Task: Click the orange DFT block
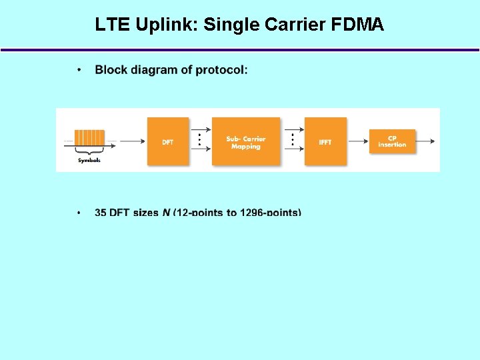click(x=168, y=141)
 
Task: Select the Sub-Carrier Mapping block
click(x=246, y=141)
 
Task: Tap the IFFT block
click(x=325, y=141)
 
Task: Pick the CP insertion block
click(x=392, y=141)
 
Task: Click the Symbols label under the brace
click(x=89, y=161)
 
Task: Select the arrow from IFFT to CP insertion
click(x=358, y=141)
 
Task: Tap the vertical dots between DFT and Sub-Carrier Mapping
click(x=198, y=141)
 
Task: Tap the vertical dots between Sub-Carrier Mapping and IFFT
click(x=292, y=141)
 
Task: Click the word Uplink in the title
click(x=167, y=25)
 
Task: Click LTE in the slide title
click(x=113, y=25)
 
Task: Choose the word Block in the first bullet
click(x=110, y=69)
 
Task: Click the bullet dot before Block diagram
click(x=79, y=69)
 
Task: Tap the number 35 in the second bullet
click(x=101, y=213)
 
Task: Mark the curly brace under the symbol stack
click(x=89, y=153)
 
